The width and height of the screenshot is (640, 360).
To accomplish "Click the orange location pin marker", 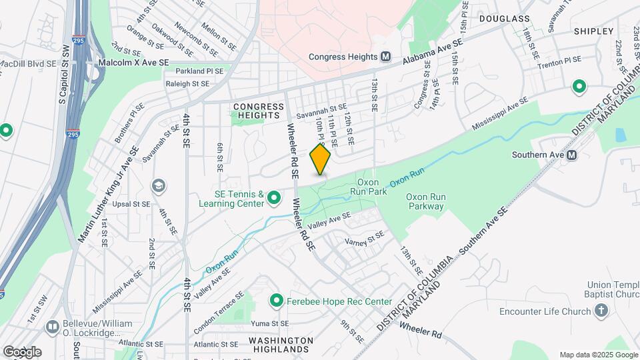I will pyautogui.click(x=321, y=159).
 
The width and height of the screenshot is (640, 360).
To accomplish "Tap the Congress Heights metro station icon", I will pyautogui.click(x=385, y=57).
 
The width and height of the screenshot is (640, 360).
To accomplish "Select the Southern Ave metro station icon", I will pyautogui.click(x=572, y=155).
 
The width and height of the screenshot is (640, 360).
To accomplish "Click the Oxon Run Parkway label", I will pyautogui.click(x=426, y=202).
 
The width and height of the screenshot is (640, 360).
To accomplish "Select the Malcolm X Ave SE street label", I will pyautogui.click(x=134, y=61).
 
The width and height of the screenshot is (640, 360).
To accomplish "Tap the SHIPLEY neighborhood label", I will pyautogui.click(x=593, y=31).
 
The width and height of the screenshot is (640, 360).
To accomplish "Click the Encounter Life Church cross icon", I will pyautogui.click(x=601, y=311).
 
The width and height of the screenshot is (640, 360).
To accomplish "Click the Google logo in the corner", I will pyautogui.click(x=22, y=351).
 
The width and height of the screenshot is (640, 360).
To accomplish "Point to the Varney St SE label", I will pyautogui.click(x=365, y=239).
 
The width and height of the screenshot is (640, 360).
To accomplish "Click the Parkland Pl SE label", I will pyautogui.click(x=200, y=70).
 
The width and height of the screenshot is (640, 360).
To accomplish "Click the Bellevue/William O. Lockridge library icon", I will pyautogui.click(x=52, y=327).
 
